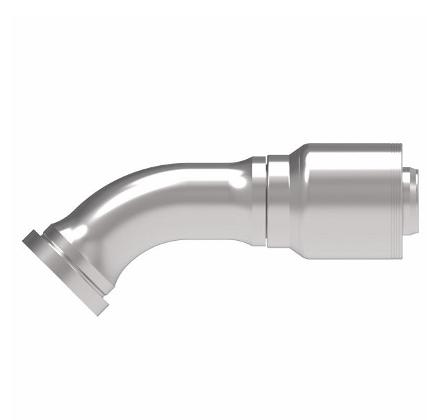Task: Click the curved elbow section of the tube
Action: click(139, 208)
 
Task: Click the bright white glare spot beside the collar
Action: click(238, 182)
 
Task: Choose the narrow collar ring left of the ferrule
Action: click(278, 201)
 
